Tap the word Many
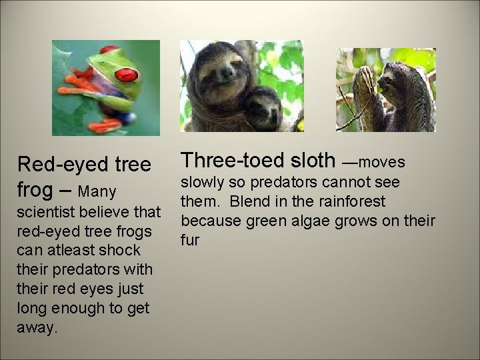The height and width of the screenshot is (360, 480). [97, 192]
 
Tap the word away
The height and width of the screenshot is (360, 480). [37, 327]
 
